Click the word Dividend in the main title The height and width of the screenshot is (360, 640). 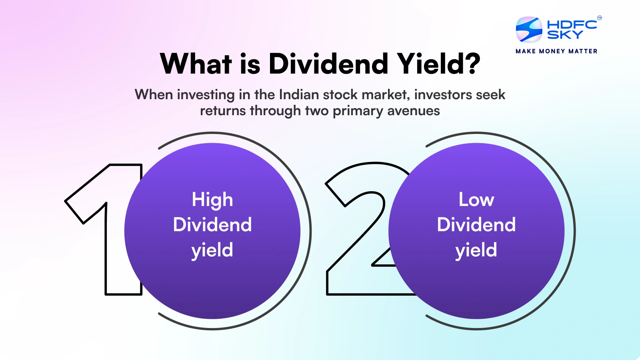(x=328, y=64)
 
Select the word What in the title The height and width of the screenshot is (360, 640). (x=196, y=64)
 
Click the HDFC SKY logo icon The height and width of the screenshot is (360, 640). (x=529, y=30)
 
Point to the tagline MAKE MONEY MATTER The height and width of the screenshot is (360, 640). (x=556, y=51)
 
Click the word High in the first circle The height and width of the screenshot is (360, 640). (x=212, y=200)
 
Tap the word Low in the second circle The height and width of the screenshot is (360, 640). (x=476, y=200)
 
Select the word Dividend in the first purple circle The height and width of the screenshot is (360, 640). (x=212, y=225)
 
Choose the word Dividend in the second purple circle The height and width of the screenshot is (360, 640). (x=476, y=225)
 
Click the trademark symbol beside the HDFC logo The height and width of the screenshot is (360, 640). (x=599, y=18)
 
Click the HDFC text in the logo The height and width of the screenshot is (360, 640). (x=572, y=25)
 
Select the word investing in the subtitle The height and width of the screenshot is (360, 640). (x=206, y=95)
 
